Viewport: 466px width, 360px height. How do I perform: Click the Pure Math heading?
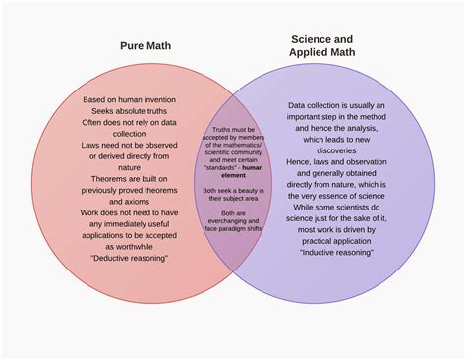coord(145,45)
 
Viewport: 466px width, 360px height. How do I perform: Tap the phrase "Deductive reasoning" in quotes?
coord(129,258)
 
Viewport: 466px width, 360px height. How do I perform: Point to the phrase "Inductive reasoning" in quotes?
coord(336,253)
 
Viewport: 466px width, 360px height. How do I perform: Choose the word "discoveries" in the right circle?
coord(336,150)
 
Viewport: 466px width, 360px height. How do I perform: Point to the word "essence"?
coord(328,194)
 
